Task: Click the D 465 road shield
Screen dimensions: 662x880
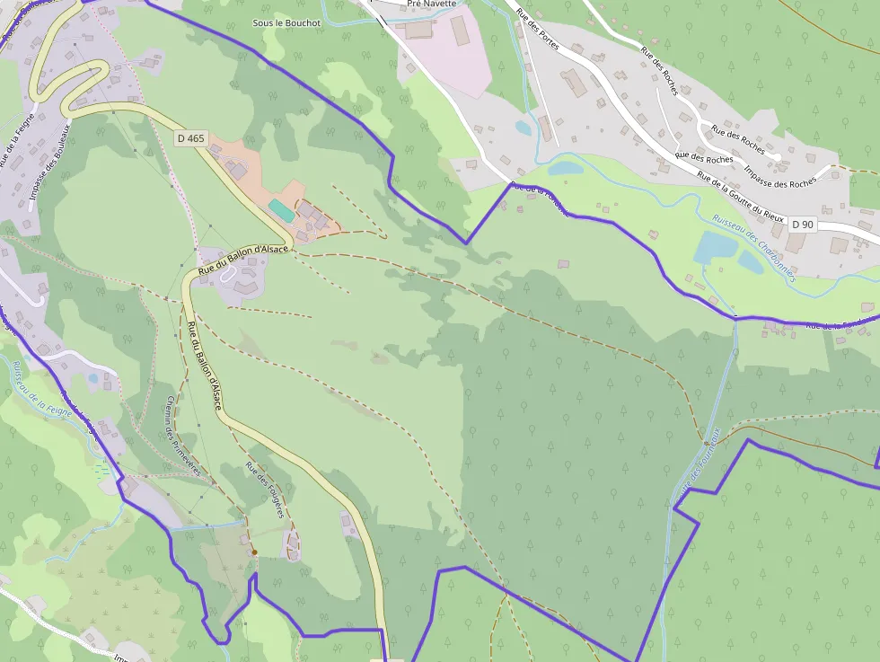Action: coord(191,138)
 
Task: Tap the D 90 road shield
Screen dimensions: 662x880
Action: coord(802,222)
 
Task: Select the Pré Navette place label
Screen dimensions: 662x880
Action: coord(431,4)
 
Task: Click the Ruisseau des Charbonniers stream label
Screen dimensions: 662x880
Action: coord(753,248)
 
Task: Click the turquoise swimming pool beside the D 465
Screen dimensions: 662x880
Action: coord(281,210)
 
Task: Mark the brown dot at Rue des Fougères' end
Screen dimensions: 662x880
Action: coord(254,552)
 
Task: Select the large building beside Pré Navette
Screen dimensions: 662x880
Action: coord(460,30)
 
